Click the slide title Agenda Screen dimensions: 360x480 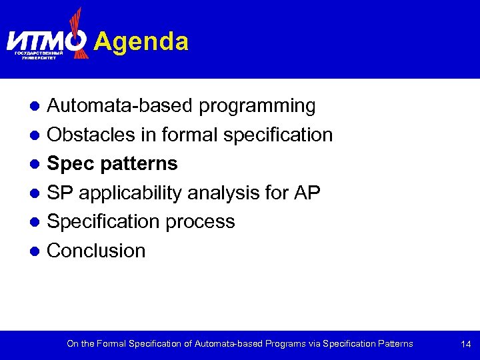(x=141, y=42)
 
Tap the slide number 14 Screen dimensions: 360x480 (x=465, y=344)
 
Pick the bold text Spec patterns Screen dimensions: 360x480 (x=112, y=164)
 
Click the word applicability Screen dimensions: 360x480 (x=129, y=193)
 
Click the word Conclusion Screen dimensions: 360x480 (x=96, y=251)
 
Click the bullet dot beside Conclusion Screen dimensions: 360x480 (x=37, y=251)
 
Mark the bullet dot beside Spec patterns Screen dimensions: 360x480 (x=37, y=164)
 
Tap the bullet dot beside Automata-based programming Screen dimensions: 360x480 (x=37, y=106)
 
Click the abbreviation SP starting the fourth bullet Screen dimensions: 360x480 (x=59, y=193)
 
